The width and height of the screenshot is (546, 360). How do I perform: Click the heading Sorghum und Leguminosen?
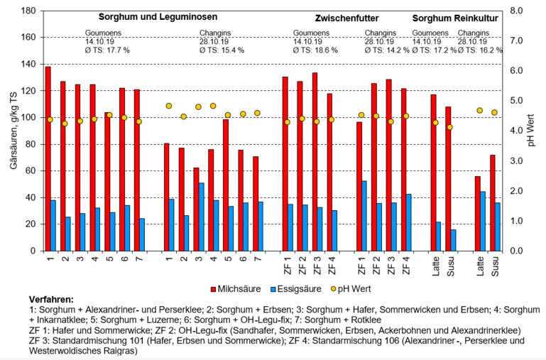coord(157,16)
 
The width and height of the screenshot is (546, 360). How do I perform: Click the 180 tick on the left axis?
coord(28,11)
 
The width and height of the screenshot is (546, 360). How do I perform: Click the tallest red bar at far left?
coord(48,158)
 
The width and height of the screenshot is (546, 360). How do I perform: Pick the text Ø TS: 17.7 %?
coord(107,50)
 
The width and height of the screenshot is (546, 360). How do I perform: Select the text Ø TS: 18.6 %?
coord(317,50)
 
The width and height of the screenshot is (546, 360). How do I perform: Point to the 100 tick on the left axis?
coord(28,118)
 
